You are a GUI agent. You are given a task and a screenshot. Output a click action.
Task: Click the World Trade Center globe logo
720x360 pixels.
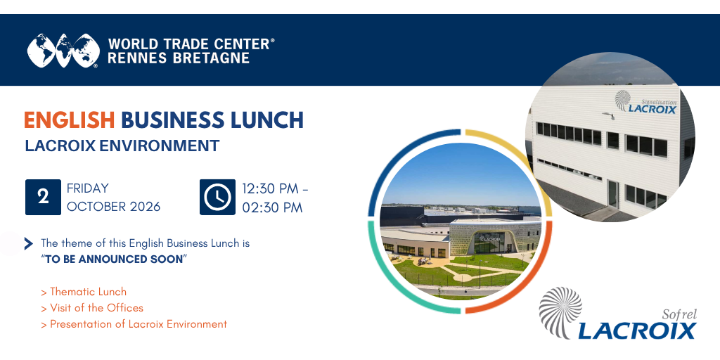pyautogui.click(x=63, y=51)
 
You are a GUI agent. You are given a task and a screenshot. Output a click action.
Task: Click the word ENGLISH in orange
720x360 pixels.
pyautogui.click(x=70, y=120)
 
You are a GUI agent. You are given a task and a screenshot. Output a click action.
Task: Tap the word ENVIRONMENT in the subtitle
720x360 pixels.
pyautogui.click(x=160, y=146)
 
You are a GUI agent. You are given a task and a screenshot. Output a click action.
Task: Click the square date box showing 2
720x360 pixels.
pyautogui.click(x=43, y=197)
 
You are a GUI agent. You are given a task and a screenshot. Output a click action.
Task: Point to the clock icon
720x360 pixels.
pyautogui.click(x=218, y=197)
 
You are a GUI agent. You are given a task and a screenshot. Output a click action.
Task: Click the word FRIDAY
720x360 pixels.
pyautogui.click(x=88, y=188)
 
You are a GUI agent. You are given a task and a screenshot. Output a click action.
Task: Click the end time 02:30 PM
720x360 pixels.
pyautogui.click(x=273, y=207)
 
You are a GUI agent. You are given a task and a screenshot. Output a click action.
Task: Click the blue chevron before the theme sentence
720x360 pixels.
pyautogui.click(x=28, y=244)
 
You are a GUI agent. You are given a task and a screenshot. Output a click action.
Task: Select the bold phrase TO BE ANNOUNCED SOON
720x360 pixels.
pyautogui.click(x=114, y=259)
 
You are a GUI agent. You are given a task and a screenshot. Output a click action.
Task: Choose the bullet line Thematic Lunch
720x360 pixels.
pyautogui.click(x=84, y=292)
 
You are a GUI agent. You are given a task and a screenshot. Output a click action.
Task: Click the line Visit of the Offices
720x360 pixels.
pyautogui.click(x=92, y=308)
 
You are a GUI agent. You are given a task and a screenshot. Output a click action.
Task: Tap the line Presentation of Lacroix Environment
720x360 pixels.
pyautogui.click(x=134, y=324)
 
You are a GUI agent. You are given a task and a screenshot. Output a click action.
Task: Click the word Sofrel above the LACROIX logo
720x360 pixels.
pyautogui.click(x=680, y=315)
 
